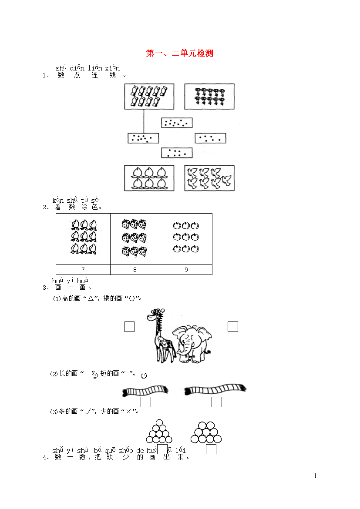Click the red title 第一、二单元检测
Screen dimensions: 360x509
pos(179,53)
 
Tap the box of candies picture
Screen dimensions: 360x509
pos(149,97)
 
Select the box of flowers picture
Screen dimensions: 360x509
pos(209,97)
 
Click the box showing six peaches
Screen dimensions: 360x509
pos(149,178)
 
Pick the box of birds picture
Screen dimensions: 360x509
pos(209,178)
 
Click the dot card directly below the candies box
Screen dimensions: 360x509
pos(143,138)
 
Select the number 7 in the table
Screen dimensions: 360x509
pos(83,270)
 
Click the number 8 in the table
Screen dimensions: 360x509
pos(135,270)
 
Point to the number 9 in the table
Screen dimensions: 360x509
pos(186,270)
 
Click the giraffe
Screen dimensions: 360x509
pos(161,335)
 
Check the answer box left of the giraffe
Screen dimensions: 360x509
pos(130,327)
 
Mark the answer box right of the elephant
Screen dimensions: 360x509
pos(233,327)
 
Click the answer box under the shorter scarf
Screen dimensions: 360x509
pos(145,402)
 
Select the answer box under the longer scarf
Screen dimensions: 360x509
pos(217,402)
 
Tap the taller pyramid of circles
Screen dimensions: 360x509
pos(159,431)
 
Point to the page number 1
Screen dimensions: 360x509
pos(315,476)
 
